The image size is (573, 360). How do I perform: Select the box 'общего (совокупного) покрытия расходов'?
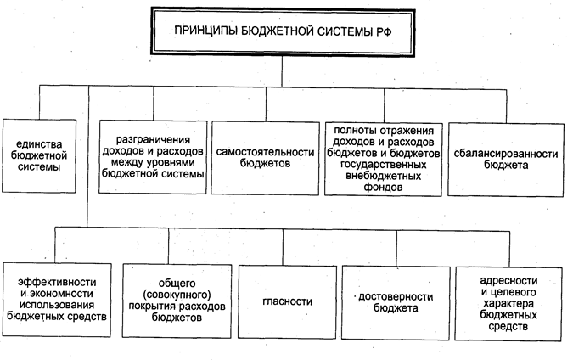pos(176,300)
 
